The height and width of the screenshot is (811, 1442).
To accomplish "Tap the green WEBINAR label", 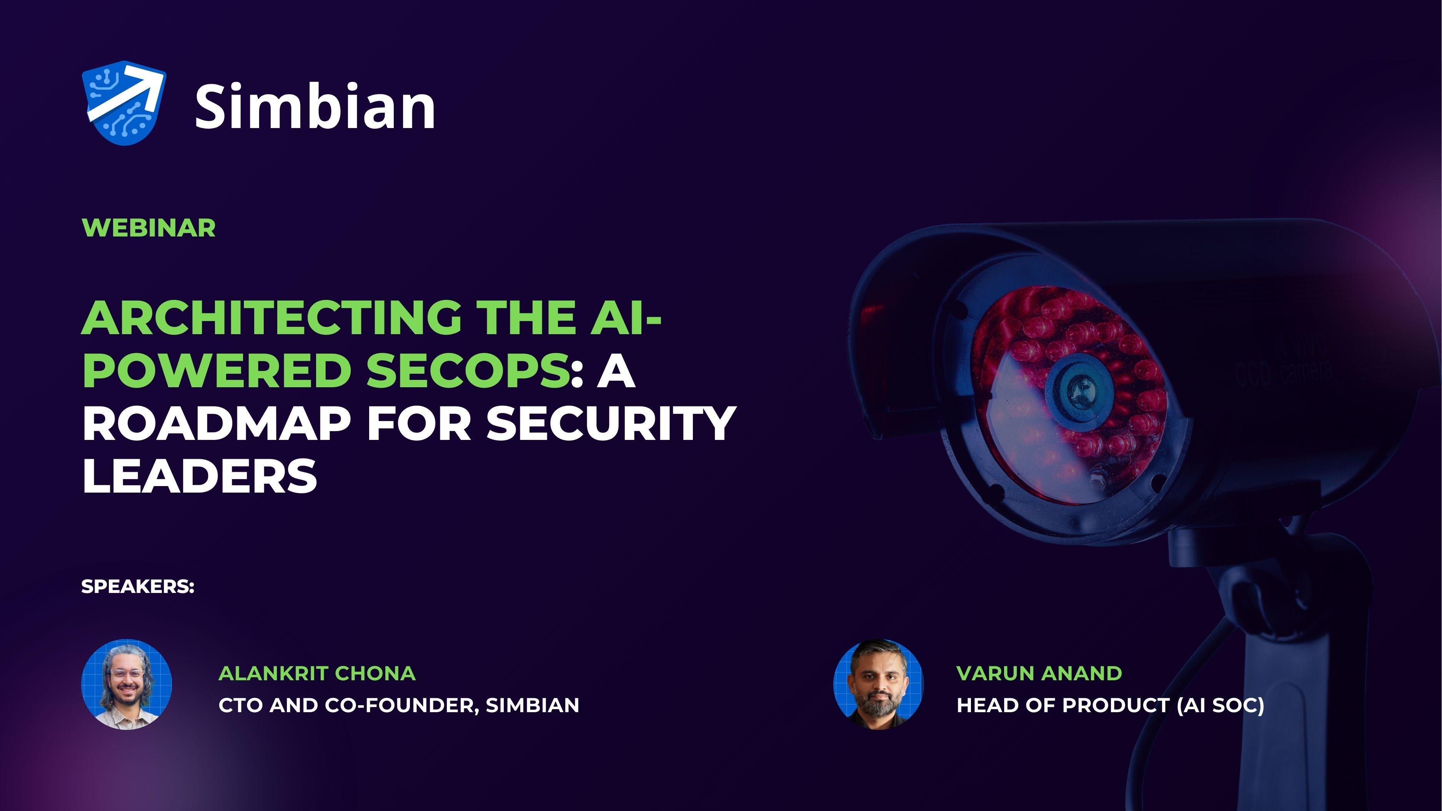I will (x=148, y=228).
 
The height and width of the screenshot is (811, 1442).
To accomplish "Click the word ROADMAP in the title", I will (x=216, y=424).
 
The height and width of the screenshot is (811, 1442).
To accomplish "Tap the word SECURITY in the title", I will (x=611, y=424).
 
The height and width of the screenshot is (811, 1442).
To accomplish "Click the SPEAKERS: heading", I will (x=138, y=586).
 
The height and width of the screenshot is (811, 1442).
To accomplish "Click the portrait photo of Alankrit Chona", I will (x=127, y=684).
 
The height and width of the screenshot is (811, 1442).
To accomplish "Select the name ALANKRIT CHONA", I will (x=317, y=673).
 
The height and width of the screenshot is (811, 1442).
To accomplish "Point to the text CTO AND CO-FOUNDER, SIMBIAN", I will (x=398, y=705).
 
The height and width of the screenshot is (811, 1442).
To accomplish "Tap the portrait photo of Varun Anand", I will (x=878, y=684).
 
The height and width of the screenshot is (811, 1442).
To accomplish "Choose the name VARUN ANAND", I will (x=1039, y=673).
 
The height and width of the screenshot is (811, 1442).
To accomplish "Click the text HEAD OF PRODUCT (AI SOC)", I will (x=1110, y=705).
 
